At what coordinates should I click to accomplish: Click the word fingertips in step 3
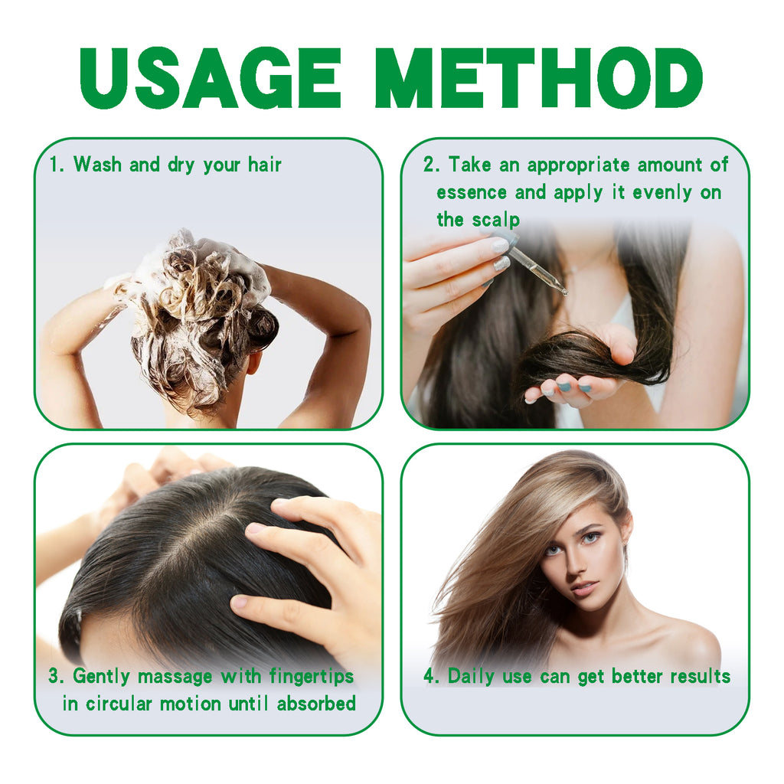[312, 676]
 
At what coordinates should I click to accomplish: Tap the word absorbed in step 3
[317, 704]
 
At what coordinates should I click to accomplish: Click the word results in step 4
[701, 676]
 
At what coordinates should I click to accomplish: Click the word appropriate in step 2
[578, 165]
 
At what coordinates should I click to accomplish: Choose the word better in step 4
[639, 676]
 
